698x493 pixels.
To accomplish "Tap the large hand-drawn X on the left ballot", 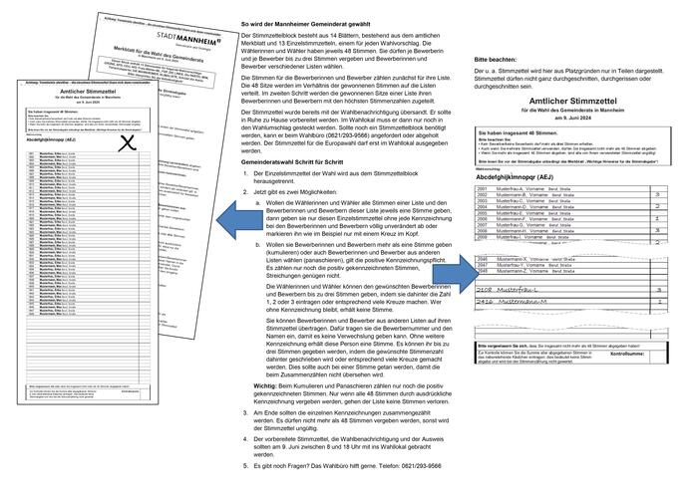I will (x=127, y=143).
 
